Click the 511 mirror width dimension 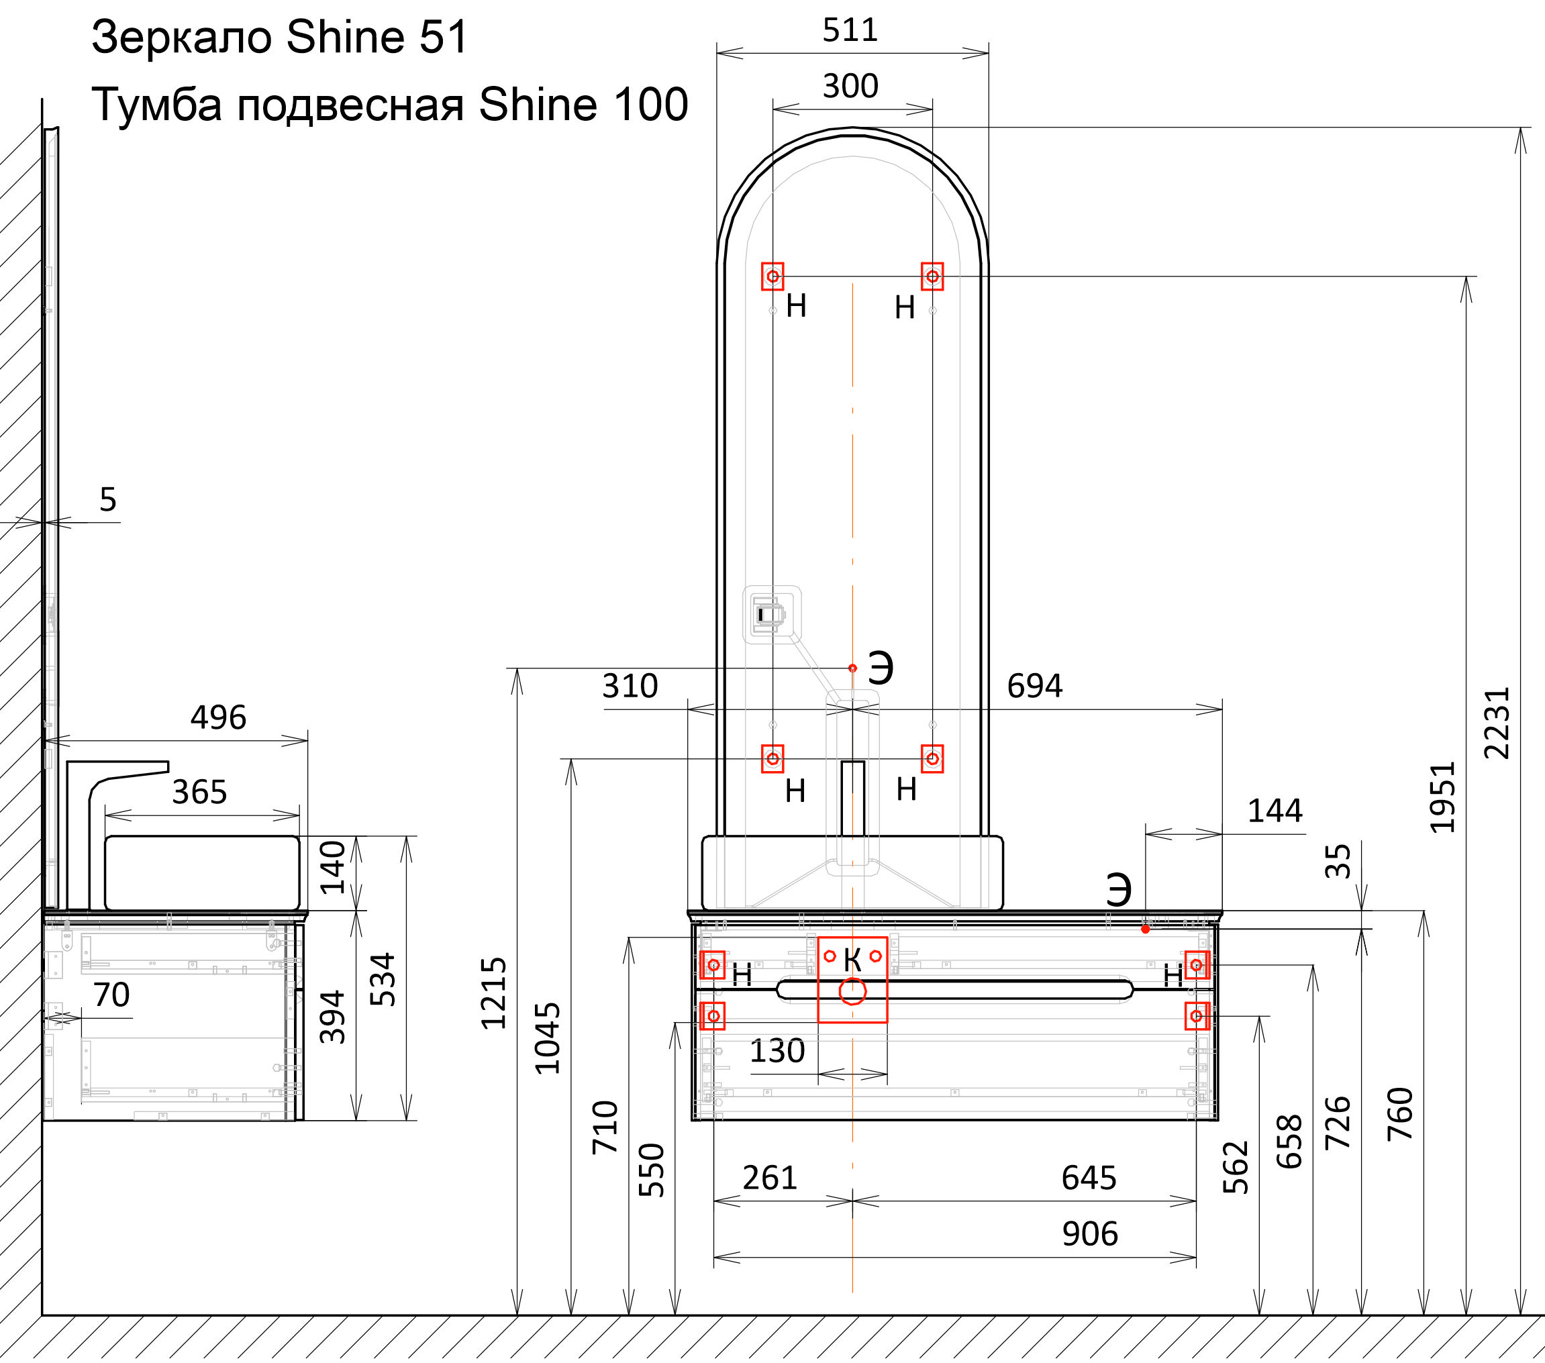coord(850,31)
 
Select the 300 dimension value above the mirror coord(850,86)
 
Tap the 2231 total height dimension coord(1497,723)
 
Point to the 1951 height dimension coord(1442,797)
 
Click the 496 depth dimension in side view coord(217,717)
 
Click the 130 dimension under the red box coord(777,1052)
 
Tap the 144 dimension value coord(1275,811)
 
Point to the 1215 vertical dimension coord(493,993)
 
